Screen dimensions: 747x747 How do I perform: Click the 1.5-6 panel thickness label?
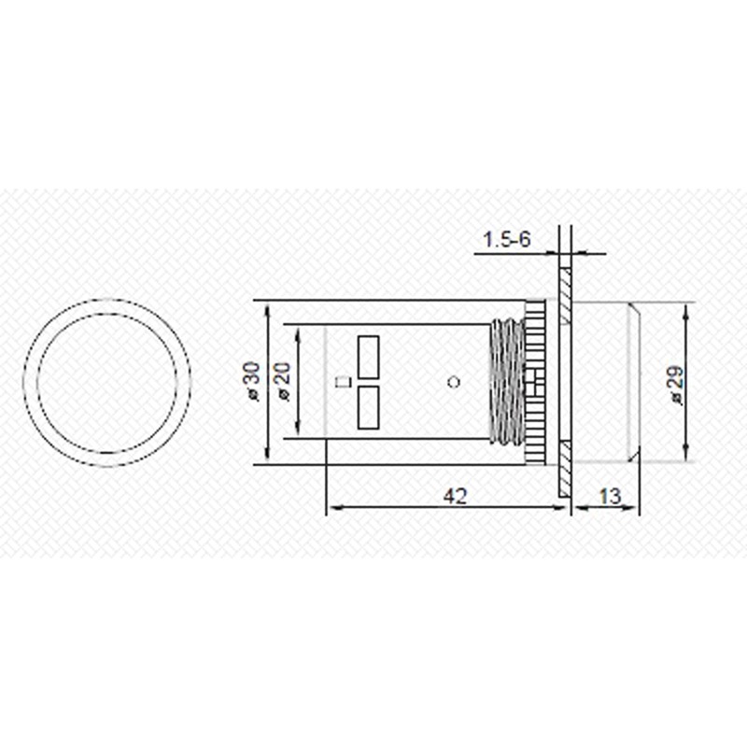(506, 239)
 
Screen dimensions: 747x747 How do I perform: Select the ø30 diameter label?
(252, 382)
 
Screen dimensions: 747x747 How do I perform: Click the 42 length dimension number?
(456, 497)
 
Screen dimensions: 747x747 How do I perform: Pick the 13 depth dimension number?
(610, 497)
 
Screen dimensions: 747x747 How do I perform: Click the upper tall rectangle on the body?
(368, 358)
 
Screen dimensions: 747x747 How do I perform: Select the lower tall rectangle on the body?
(368, 407)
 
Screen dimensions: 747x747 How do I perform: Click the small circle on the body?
(454, 382)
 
